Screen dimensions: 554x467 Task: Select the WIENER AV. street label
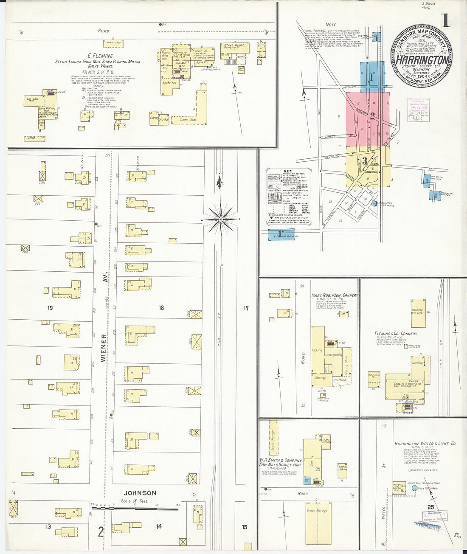(103, 347)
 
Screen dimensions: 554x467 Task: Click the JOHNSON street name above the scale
(140, 493)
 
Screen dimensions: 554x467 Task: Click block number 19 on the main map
(50, 308)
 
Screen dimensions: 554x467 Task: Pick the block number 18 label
(161, 307)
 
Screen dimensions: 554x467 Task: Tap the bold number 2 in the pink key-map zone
(372, 116)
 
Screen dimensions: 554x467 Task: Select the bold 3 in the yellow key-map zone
(364, 160)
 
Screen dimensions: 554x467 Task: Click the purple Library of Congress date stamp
(418, 110)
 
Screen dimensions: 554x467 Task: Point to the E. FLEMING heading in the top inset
(100, 56)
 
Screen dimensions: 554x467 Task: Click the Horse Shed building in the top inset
(114, 43)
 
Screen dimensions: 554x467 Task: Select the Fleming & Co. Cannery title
(396, 334)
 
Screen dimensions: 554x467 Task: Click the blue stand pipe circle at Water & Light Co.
(414, 489)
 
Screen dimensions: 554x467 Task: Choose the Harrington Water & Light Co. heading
(425, 443)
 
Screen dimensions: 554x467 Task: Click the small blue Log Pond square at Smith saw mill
(307, 481)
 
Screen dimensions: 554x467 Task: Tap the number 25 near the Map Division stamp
(430, 507)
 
